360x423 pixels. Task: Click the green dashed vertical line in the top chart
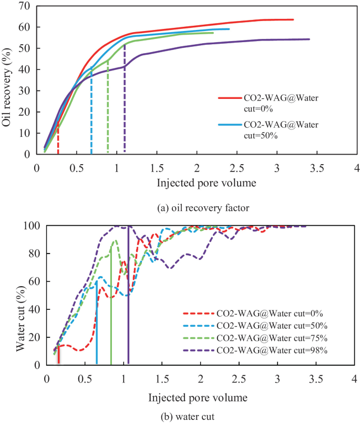click(x=108, y=108)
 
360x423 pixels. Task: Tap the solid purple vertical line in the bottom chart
click(x=129, y=295)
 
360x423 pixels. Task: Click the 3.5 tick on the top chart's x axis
click(x=316, y=168)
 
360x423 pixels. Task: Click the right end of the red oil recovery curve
click(x=293, y=19)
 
